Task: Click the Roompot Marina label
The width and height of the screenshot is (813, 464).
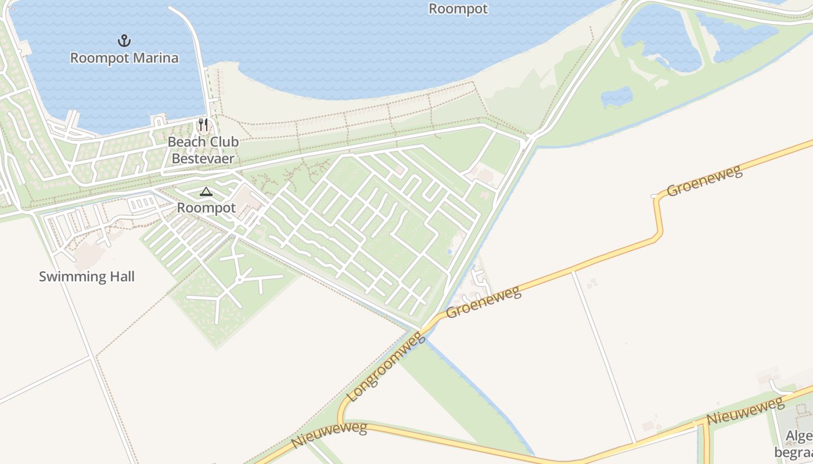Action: pyautogui.click(x=124, y=58)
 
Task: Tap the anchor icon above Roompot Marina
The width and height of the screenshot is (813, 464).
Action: pyautogui.click(x=124, y=41)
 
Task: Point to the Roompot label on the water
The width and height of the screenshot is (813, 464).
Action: pyautogui.click(x=458, y=9)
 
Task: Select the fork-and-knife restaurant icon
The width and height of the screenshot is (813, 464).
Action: pyautogui.click(x=203, y=125)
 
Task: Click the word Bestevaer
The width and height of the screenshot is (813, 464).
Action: pyautogui.click(x=203, y=158)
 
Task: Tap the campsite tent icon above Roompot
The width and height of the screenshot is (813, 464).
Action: pyautogui.click(x=206, y=192)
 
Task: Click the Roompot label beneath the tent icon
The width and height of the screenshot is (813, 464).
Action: pyautogui.click(x=206, y=208)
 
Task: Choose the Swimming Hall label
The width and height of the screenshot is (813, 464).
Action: pyautogui.click(x=87, y=277)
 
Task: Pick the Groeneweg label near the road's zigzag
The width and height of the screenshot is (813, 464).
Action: pyautogui.click(x=704, y=181)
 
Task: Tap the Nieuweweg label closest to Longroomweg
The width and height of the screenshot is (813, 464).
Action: pyautogui.click(x=329, y=435)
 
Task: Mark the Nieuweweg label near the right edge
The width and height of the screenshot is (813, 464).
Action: pyautogui.click(x=745, y=411)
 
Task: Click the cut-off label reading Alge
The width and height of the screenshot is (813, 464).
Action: pyautogui.click(x=799, y=436)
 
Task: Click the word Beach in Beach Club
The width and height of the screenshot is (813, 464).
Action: pyautogui.click(x=186, y=142)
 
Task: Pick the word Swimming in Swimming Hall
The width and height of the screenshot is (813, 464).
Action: pyautogui.click(x=72, y=277)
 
